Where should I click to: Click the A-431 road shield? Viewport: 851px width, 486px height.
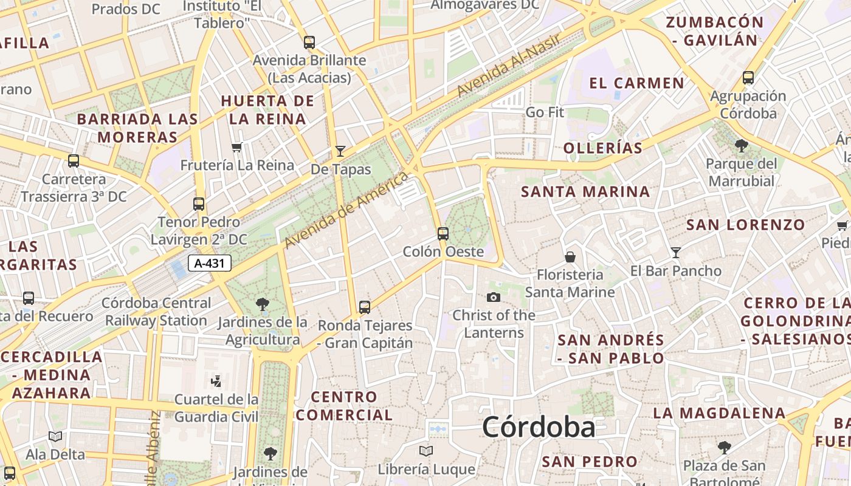(x=210, y=263)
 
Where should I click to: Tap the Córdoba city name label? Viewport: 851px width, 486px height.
(x=539, y=427)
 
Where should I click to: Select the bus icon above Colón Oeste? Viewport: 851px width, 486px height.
(x=443, y=233)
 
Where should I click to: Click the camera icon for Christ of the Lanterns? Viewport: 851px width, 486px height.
(x=494, y=297)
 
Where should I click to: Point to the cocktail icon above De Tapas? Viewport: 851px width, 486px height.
(x=340, y=151)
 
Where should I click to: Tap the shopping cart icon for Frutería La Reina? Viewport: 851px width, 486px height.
(x=237, y=147)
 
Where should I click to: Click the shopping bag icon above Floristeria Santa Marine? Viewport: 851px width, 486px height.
(x=570, y=257)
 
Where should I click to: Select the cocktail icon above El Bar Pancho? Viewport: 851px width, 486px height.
(x=675, y=253)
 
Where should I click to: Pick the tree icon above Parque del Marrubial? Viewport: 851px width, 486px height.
(x=742, y=146)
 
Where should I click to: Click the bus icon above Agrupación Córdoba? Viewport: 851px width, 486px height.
(x=748, y=78)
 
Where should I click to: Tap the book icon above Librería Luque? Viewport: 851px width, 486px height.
(x=426, y=451)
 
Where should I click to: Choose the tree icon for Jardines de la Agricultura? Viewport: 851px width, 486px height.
(x=263, y=304)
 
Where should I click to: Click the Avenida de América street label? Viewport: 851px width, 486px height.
(x=346, y=210)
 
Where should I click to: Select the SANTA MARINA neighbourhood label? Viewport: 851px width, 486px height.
(x=585, y=192)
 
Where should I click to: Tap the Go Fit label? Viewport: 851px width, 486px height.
(x=545, y=112)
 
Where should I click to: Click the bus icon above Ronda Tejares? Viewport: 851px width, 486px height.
(x=365, y=307)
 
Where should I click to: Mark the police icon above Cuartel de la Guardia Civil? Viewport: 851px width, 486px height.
(x=215, y=382)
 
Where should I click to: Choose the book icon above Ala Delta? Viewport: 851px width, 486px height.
(x=55, y=436)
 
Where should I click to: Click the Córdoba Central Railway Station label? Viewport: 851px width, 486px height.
(x=156, y=312)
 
